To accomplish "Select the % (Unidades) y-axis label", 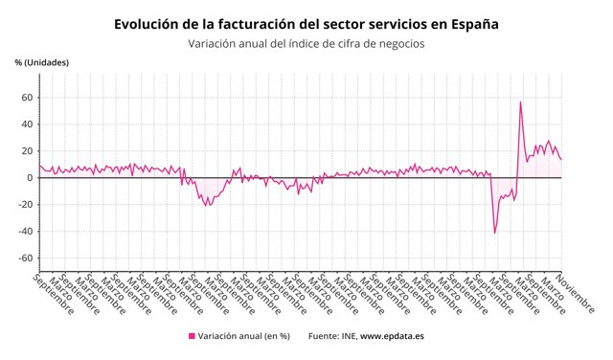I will click(x=42, y=63).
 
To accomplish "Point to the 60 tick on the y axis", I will click(x=28, y=98).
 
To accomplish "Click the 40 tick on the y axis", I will click(x=28, y=124).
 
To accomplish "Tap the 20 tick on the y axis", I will click(x=28, y=151).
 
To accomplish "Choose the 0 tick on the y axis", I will click(x=31, y=178).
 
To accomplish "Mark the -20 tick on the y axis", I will click(x=26, y=205).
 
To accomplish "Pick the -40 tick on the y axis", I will click(x=26, y=232).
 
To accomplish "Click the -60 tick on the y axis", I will click(x=26, y=259).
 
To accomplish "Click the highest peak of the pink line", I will click(x=520, y=102).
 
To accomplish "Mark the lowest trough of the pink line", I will click(x=494, y=233).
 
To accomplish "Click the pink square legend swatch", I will click(x=192, y=336).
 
